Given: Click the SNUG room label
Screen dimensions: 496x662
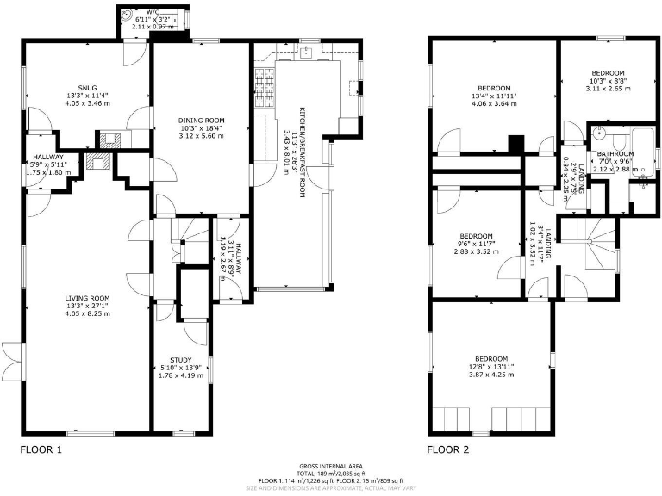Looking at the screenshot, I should tap(86, 88).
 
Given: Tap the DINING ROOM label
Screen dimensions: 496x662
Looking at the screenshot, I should tap(202, 120).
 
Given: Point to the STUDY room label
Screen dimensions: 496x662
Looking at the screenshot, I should tap(180, 360).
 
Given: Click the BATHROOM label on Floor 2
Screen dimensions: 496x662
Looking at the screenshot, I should tap(615, 153).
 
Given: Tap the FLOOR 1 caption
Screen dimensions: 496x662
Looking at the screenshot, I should tap(41, 449).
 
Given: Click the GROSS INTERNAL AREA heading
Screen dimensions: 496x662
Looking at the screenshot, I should tap(331, 465).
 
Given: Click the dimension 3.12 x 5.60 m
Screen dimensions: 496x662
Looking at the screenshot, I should tap(202, 135).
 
